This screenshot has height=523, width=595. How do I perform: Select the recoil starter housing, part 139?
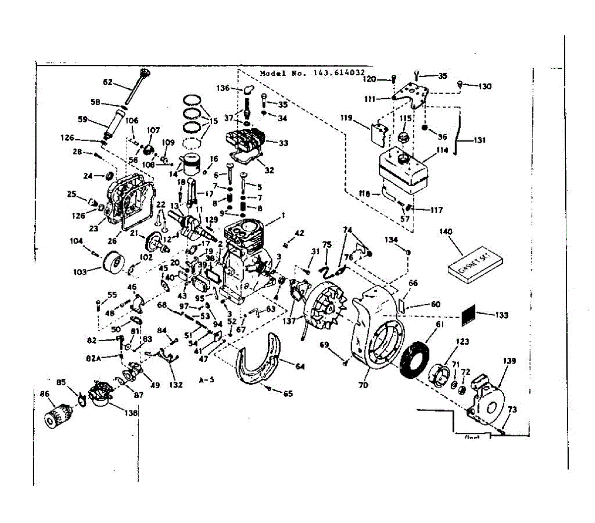point(488,401)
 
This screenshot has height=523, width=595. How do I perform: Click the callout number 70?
point(363,385)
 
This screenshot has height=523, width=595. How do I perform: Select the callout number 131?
point(479,140)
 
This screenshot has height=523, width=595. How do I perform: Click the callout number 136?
point(223,88)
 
